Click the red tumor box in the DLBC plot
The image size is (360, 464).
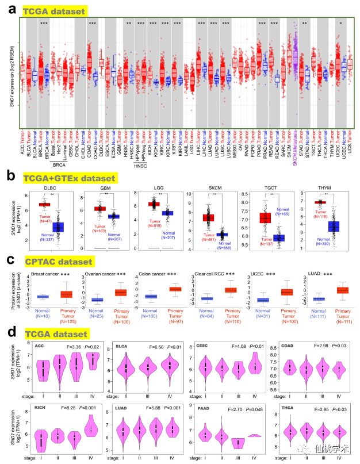click(41, 204)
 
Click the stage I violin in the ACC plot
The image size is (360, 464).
click(41, 372)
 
